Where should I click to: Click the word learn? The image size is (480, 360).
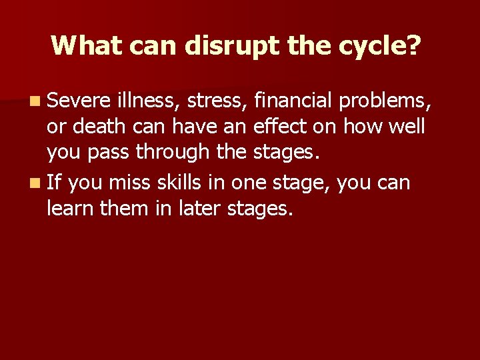[70, 209]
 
